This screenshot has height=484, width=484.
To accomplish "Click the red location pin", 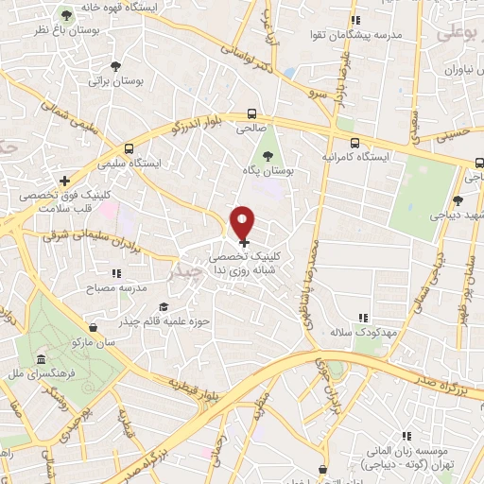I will point(244,221).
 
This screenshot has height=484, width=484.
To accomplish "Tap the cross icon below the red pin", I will point(245,243).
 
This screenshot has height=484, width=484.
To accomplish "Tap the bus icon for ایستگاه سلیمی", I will point(130,148).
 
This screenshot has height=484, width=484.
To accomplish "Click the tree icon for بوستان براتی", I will point(114,66).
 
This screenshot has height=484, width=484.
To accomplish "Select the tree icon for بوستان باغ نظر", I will point(66,16).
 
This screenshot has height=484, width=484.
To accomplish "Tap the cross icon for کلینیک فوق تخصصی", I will point(64,181).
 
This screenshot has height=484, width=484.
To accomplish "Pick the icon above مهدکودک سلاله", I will point(362,319).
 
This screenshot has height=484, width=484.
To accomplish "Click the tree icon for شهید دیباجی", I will point(458,200).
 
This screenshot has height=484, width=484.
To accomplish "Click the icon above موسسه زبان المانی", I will point(407,436).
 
